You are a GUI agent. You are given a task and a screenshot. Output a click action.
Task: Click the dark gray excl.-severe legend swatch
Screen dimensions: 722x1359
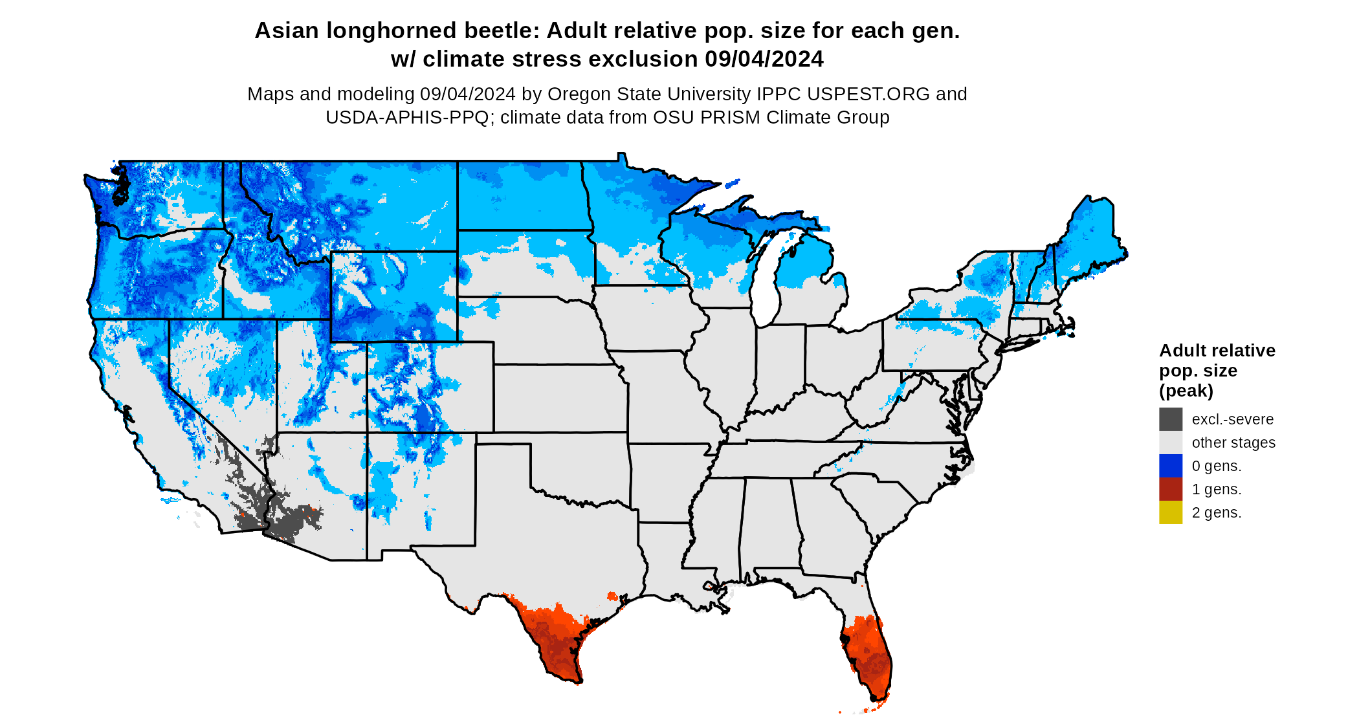pos(1170,419)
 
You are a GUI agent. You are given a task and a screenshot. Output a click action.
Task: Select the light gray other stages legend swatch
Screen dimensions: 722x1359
pos(1170,443)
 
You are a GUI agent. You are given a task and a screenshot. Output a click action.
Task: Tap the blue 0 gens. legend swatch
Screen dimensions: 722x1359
pos(1170,466)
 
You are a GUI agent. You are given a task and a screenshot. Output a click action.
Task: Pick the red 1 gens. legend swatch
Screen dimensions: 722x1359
pos(1170,489)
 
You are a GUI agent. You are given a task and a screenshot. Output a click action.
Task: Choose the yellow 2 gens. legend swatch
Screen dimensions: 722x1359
pos(1170,512)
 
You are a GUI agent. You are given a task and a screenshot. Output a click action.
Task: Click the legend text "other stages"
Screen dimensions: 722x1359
pos(1233,443)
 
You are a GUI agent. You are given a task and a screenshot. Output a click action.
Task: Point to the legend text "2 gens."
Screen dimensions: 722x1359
pos(1216,512)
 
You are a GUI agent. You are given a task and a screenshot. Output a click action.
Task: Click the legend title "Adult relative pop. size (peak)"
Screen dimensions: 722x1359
pos(1217,370)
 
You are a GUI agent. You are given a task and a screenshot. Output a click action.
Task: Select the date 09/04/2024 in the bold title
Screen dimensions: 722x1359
pos(764,59)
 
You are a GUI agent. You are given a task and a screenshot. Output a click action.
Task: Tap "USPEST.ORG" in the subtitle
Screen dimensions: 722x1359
pos(868,94)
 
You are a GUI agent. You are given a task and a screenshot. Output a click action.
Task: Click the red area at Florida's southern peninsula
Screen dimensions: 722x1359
pos(870,653)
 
